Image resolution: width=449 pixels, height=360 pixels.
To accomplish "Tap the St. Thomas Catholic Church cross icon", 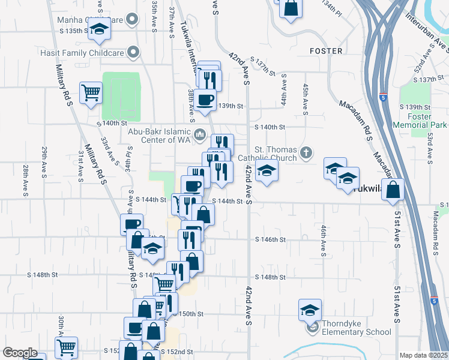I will pos(307,151).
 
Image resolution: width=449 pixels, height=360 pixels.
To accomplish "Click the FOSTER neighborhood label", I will pos(325,52).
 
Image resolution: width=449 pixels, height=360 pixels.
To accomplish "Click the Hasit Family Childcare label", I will pos(91,53).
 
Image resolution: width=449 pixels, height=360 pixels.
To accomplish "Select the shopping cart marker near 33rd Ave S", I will pos(91,93).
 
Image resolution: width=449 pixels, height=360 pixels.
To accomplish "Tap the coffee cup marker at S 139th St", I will pos(205,99).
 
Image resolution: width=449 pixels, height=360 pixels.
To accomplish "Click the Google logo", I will pos(19,353).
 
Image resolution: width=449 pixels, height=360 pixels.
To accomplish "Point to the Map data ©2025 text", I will pos(423,355).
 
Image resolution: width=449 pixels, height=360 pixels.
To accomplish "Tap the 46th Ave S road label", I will pos(323,241).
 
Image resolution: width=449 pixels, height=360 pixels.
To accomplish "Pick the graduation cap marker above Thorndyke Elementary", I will pos(310,310).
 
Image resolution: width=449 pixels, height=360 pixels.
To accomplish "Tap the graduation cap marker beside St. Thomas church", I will pos(267,171).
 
